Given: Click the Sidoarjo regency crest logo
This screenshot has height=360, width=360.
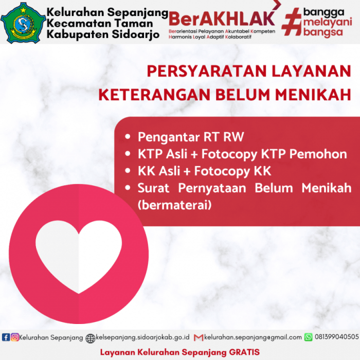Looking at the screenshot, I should point(22,22).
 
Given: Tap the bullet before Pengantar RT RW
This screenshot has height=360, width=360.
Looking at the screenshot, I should point(128,137).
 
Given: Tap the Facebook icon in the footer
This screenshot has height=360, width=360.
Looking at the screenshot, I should point(6,337).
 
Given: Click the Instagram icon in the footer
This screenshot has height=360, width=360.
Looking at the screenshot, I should point(14,337).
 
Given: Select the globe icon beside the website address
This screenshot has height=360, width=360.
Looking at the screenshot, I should point(91,338).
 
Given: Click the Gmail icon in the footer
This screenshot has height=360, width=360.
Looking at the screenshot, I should point(199,337).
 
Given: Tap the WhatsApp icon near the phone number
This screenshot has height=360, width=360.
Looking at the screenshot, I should point(309,337).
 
